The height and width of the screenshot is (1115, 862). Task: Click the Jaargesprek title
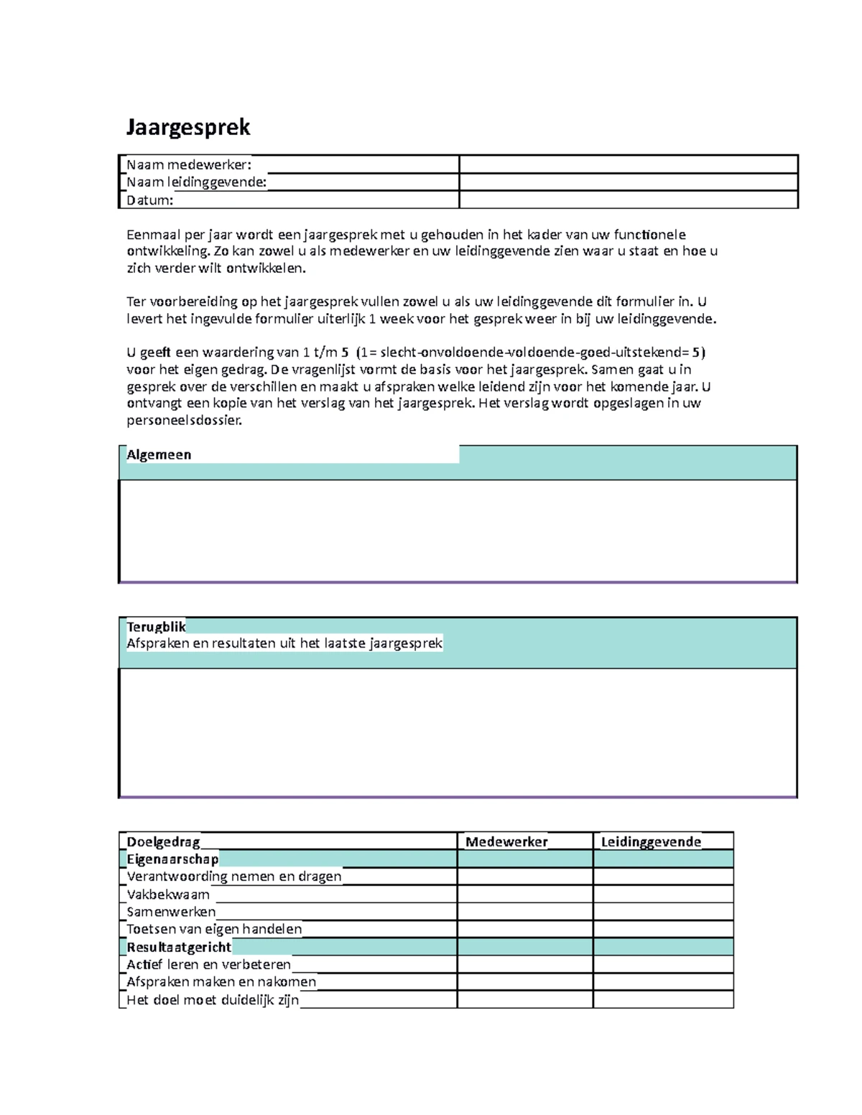[x=188, y=127]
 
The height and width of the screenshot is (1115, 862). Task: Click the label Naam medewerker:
[x=189, y=164]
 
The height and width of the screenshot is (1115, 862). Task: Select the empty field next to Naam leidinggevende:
[x=628, y=182]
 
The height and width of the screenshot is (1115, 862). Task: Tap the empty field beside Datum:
[x=628, y=200]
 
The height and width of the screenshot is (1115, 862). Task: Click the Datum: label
[x=150, y=200]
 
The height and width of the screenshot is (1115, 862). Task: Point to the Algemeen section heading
[x=159, y=454]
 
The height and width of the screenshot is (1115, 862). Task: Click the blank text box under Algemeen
[x=458, y=530]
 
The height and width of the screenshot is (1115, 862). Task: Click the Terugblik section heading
[x=156, y=626]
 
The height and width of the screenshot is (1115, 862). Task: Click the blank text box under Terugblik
[x=458, y=732]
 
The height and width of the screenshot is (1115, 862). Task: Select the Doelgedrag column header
[x=163, y=841]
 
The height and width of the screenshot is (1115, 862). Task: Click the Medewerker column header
[x=506, y=841]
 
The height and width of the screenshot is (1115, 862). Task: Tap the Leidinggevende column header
[x=651, y=841]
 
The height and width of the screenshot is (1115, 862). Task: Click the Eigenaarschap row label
[x=172, y=859]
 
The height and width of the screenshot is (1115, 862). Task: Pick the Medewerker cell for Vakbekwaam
[x=525, y=895]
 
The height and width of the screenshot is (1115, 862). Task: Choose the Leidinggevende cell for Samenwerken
[x=663, y=912]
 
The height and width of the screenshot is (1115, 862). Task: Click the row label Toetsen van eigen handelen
[x=214, y=929]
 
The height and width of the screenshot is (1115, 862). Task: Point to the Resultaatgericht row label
[x=179, y=947]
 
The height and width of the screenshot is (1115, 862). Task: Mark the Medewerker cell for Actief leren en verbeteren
[x=525, y=964]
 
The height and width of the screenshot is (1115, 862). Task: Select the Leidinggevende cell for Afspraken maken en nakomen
[x=663, y=981]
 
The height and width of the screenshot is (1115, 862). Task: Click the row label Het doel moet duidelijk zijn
[x=213, y=999]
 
